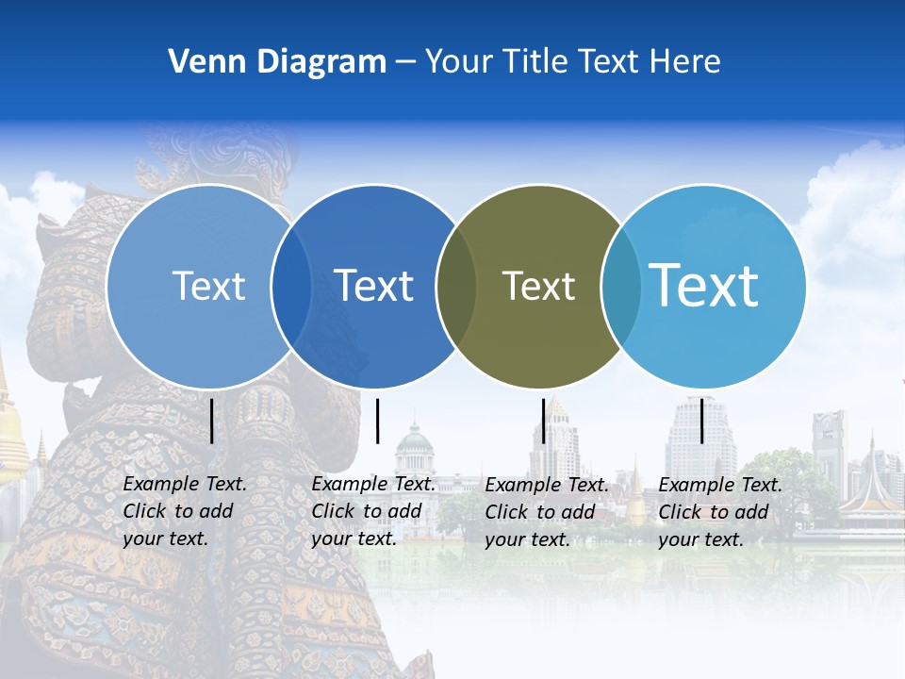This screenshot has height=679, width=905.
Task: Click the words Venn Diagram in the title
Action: pyautogui.click(x=277, y=62)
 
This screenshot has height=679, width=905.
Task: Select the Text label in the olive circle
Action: pyautogui.click(x=538, y=286)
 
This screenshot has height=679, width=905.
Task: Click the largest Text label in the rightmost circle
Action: pyautogui.click(x=704, y=285)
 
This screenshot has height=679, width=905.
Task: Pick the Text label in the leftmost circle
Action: pyautogui.click(x=208, y=286)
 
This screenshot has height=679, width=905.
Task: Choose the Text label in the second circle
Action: pyautogui.click(x=374, y=286)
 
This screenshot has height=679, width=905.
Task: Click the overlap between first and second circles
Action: pyautogui.click(x=291, y=286)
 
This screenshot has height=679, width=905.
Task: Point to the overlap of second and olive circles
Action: pyautogui.click(x=457, y=286)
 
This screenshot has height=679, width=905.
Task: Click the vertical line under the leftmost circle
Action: pyautogui.click(x=211, y=421)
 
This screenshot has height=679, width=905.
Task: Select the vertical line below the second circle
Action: pyautogui.click(x=377, y=421)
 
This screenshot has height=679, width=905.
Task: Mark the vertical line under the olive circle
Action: pyautogui.click(x=543, y=421)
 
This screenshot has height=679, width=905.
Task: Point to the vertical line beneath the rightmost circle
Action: pyautogui.click(x=702, y=421)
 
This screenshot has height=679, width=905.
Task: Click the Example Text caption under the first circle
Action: pyautogui.click(x=184, y=511)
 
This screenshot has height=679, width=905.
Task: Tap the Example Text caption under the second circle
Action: pyautogui.click(x=372, y=511)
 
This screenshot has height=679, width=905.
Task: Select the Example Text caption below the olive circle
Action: pyautogui.click(x=546, y=512)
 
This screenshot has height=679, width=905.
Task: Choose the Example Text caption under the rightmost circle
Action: pyautogui.click(x=719, y=512)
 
